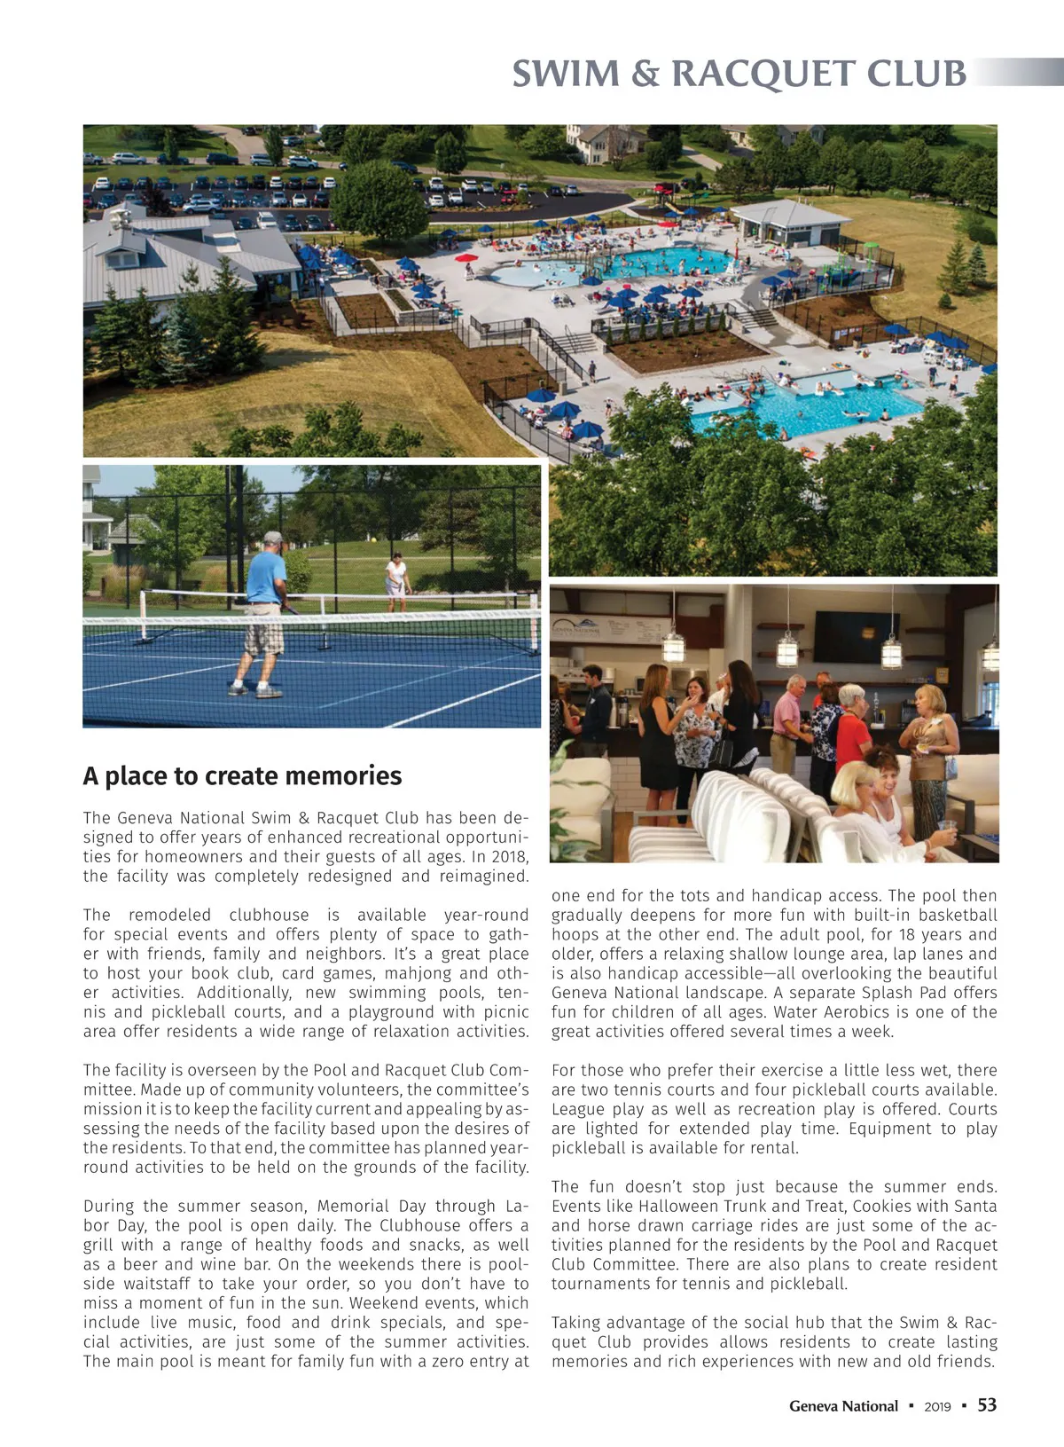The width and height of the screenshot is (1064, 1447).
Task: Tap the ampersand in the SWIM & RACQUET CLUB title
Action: pos(646,75)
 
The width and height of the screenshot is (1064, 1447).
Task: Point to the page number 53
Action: pos(987,1405)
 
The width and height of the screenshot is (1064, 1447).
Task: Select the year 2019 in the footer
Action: pos(937,1407)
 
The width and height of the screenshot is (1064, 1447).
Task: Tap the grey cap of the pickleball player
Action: pos(273,538)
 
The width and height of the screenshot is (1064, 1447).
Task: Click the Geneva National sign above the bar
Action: pos(578,626)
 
